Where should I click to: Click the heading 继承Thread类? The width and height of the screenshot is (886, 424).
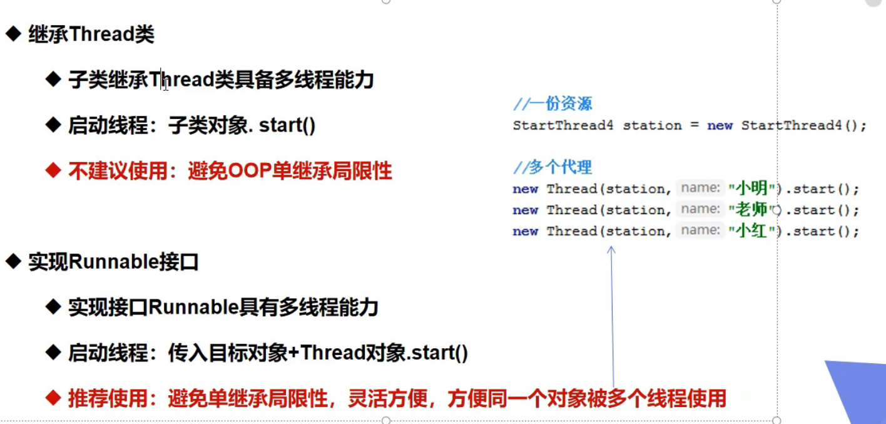pos(91,34)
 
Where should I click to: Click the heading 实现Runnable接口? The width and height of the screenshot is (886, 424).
pos(113,262)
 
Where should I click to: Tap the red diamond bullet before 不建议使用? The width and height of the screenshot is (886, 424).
pos(53,170)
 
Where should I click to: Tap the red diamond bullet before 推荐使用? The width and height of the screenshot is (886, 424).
pos(53,398)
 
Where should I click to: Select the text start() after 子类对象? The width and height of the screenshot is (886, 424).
pos(287,125)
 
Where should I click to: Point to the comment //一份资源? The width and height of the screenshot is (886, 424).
pos(552,104)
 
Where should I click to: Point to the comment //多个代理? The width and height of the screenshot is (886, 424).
pos(552,167)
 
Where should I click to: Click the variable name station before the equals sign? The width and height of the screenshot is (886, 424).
pos(653,126)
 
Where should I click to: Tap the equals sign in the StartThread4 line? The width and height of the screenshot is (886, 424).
pos(695,125)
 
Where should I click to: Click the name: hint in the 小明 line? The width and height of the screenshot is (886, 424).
pos(701,188)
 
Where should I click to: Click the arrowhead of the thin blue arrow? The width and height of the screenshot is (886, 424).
pos(611,250)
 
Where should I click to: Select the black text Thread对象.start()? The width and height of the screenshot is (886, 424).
pos(384,353)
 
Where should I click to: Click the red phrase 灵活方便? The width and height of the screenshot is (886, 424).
pos(388,398)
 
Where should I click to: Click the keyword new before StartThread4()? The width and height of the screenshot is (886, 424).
pos(720,126)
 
